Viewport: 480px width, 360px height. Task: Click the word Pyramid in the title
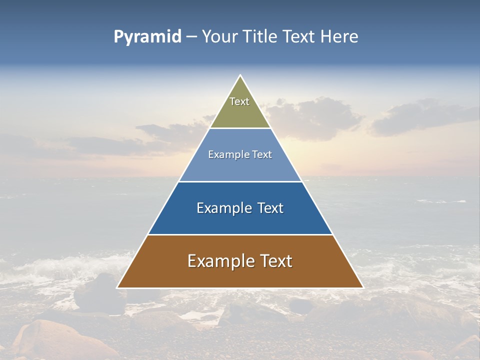[x=147, y=37]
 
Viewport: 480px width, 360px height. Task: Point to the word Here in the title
[x=339, y=37]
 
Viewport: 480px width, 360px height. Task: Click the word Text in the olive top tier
[x=239, y=101]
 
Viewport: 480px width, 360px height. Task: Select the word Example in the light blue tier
[x=226, y=155]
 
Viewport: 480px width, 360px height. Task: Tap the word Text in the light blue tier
[x=262, y=155]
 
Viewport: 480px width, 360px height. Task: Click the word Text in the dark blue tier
[x=270, y=208]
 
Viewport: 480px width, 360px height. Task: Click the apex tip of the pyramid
[x=240, y=76]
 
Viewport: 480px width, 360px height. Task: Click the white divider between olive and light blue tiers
[x=240, y=128]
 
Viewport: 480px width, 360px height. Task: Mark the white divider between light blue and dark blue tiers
[x=240, y=181]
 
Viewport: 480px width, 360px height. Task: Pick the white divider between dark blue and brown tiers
[x=240, y=234]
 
